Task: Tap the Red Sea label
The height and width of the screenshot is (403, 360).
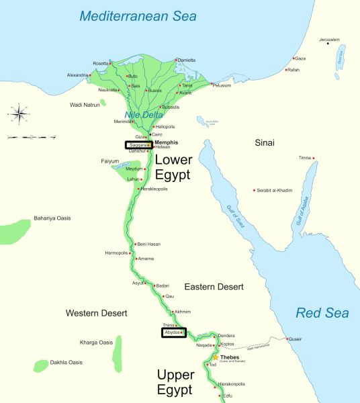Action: [x=322, y=313]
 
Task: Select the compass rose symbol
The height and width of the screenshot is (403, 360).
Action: [x=19, y=112]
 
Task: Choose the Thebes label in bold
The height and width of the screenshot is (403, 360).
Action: [x=230, y=357]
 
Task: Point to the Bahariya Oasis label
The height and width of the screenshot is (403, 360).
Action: [x=52, y=218]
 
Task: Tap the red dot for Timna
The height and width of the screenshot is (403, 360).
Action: [x=313, y=158]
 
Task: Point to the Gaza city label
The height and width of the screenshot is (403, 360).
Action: [x=300, y=58]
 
